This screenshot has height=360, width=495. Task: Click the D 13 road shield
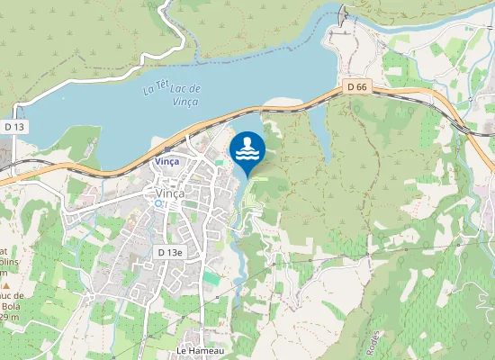point(14,128)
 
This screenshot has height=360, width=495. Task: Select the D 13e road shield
point(168,252)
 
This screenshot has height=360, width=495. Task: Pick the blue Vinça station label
point(166,161)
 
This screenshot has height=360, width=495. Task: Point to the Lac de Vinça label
point(184,94)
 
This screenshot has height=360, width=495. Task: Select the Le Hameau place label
point(199,349)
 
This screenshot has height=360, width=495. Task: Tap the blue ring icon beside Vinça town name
point(159,204)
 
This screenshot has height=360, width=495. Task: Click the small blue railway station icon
point(167,150)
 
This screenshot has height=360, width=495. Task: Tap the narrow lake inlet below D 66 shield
point(319,126)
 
